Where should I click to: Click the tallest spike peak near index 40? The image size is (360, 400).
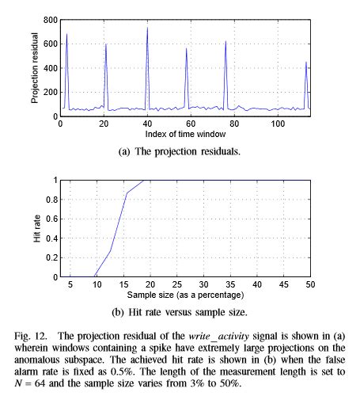coord(147,28)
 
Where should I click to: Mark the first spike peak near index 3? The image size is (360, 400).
coord(66,34)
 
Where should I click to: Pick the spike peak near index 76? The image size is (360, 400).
coord(225,41)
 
